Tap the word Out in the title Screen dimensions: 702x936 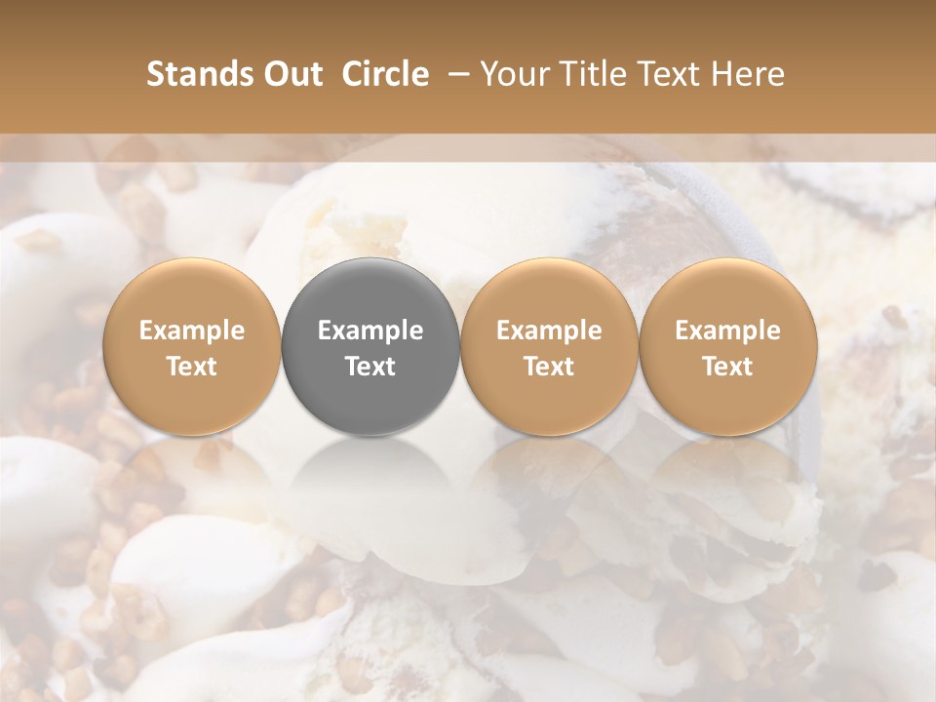click(291, 74)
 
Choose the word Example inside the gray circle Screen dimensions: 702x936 click(370, 331)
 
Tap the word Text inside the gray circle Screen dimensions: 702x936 click(370, 367)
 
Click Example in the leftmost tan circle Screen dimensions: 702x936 click(192, 331)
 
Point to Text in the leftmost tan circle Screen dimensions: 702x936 click(192, 367)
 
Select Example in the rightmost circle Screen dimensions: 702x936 click(727, 331)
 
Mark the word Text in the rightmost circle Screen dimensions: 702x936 click(727, 367)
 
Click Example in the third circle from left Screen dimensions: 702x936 click(549, 331)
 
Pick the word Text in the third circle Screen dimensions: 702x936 click(549, 367)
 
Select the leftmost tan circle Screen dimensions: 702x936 click(192, 292)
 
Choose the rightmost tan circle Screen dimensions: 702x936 click(727, 292)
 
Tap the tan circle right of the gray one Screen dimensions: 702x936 click(549, 292)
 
